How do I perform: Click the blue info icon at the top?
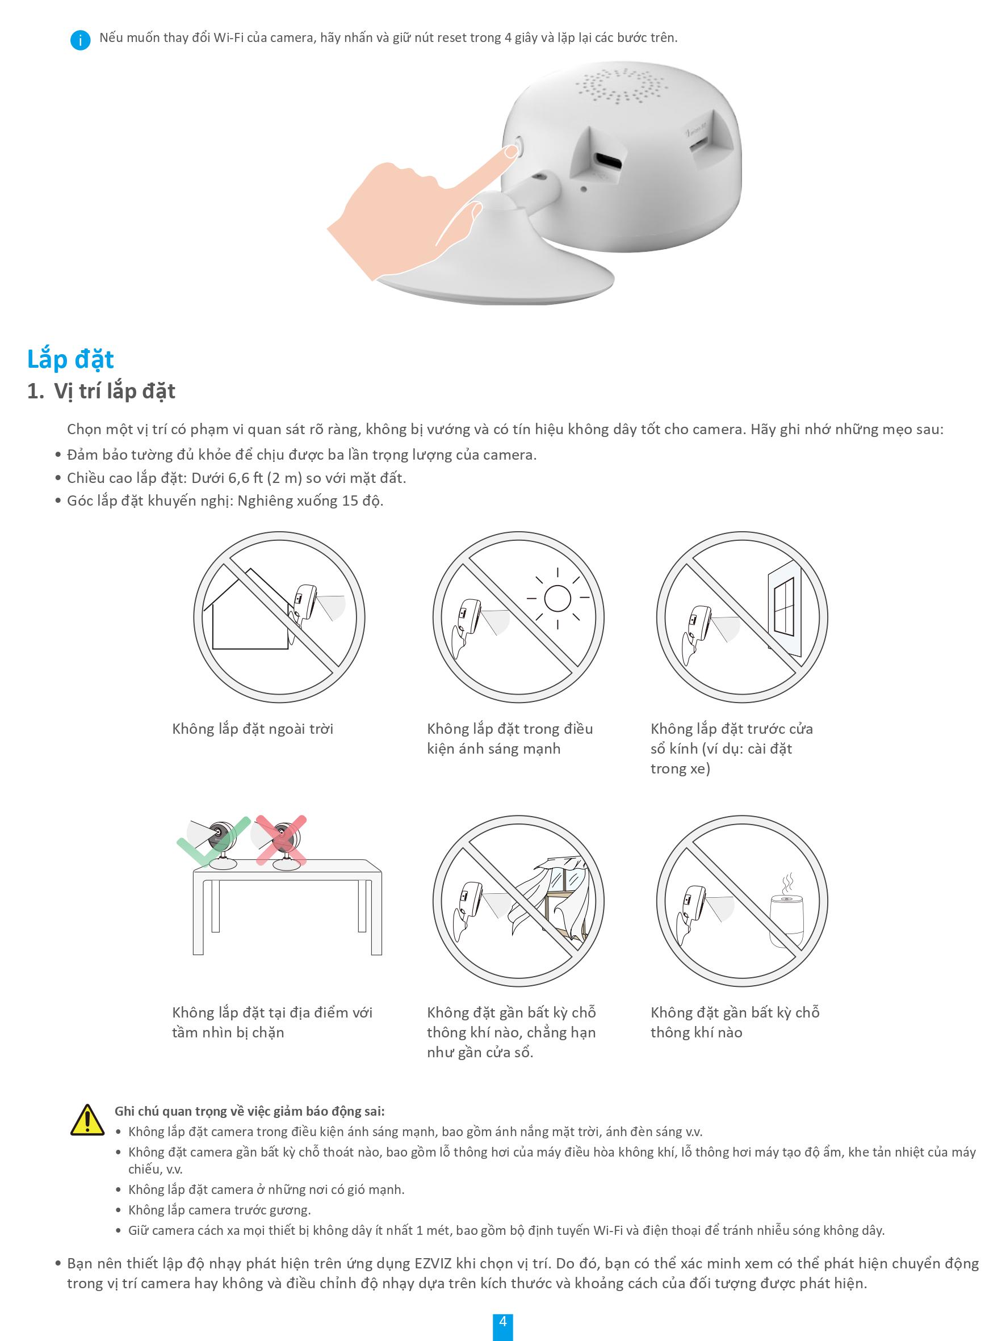click(x=80, y=40)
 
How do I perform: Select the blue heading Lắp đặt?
click(x=70, y=359)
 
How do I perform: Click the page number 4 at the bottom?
click(x=502, y=1321)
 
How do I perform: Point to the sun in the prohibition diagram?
click(x=558, y=598)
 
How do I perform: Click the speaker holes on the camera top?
click(x=621, y=86)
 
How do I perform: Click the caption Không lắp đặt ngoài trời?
click(x=253, y=729)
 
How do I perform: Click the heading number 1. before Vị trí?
click(x=36, y=392)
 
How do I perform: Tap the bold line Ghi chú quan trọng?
click(x=250, y=1111)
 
